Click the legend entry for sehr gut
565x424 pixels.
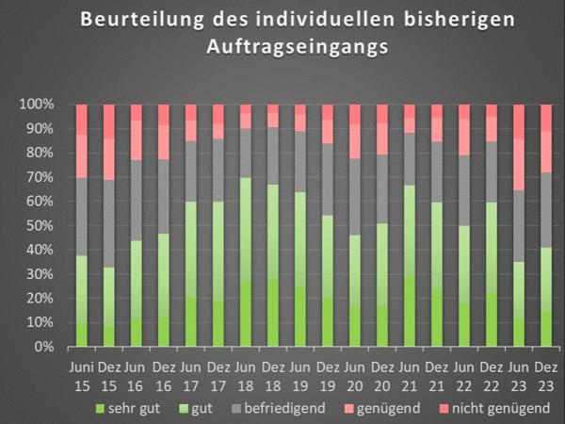coord(128,407)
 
